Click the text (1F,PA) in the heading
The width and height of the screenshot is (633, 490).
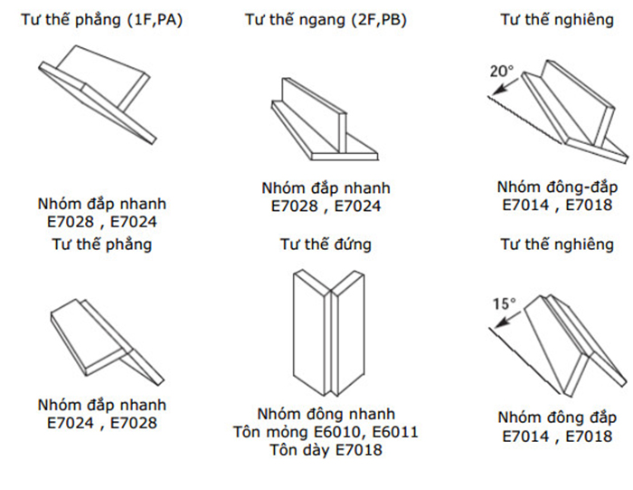tap(155, 20)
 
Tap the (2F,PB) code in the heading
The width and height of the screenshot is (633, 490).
tap(379, 20)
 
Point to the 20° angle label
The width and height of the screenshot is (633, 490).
tap(502, 72)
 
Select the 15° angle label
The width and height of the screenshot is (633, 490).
tap(505, 303)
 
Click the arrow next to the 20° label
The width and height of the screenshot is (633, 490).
tap(505, 87)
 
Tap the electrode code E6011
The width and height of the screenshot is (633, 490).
tap(395, 432)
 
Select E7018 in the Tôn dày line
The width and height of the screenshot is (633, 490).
tap(358, 450)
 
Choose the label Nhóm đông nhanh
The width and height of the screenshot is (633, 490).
tap(326, 414)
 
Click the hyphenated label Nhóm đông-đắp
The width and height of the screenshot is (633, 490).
tap(557, 187)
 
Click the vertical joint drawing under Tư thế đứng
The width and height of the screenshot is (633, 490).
tap(328, 332)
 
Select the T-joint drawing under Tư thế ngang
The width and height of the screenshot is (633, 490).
tap(324, 120)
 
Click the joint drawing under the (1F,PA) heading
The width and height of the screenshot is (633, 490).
tap(98, 94)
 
